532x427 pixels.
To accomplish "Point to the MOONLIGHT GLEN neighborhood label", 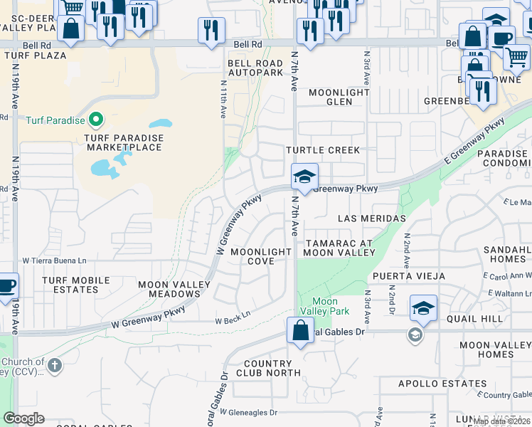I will (x=339, y=97).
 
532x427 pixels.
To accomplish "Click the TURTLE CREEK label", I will (x=323, y=150).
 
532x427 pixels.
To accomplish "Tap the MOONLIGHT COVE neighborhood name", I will (x=261, y=256).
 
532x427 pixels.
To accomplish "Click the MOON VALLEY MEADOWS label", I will (x=174, y=290).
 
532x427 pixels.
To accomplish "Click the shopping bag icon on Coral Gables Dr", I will (x=300, y=330).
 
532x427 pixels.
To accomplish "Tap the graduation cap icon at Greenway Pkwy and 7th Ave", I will (x=304, y=176).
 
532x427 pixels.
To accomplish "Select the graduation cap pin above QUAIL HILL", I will (x=423, y=307).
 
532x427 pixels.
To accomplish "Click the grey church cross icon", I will (x=55, y=366).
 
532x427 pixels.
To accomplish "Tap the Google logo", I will (x=23, y=418).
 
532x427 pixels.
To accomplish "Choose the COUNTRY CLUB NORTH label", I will (x=268, y=368).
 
